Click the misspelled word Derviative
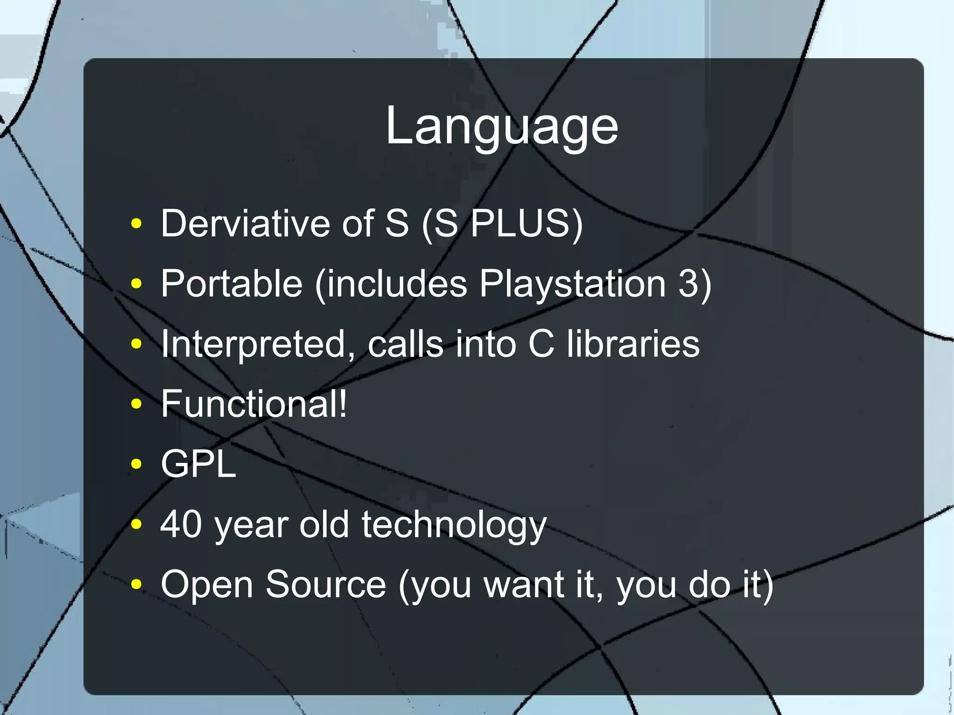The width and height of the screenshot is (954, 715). pos(245,224)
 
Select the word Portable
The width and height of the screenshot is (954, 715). pos(232,284)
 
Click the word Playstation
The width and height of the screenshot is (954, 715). pos(573,284)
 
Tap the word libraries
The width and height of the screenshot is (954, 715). pos(633,344)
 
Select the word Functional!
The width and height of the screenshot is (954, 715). pos(254,404)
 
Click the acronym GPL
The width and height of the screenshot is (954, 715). pos(198,464)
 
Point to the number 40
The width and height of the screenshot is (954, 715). pos(181,524)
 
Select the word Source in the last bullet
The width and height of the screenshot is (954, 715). pos(326,585)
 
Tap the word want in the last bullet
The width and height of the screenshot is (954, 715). pos(524,585)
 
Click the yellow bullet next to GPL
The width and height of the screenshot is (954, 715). pos(136,464)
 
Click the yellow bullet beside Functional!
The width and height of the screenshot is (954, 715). pos(136,404)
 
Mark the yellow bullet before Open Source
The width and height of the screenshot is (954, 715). pos(136,584)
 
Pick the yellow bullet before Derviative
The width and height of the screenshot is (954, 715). pos(136,224)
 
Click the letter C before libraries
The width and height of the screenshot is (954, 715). pos(541,344)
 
